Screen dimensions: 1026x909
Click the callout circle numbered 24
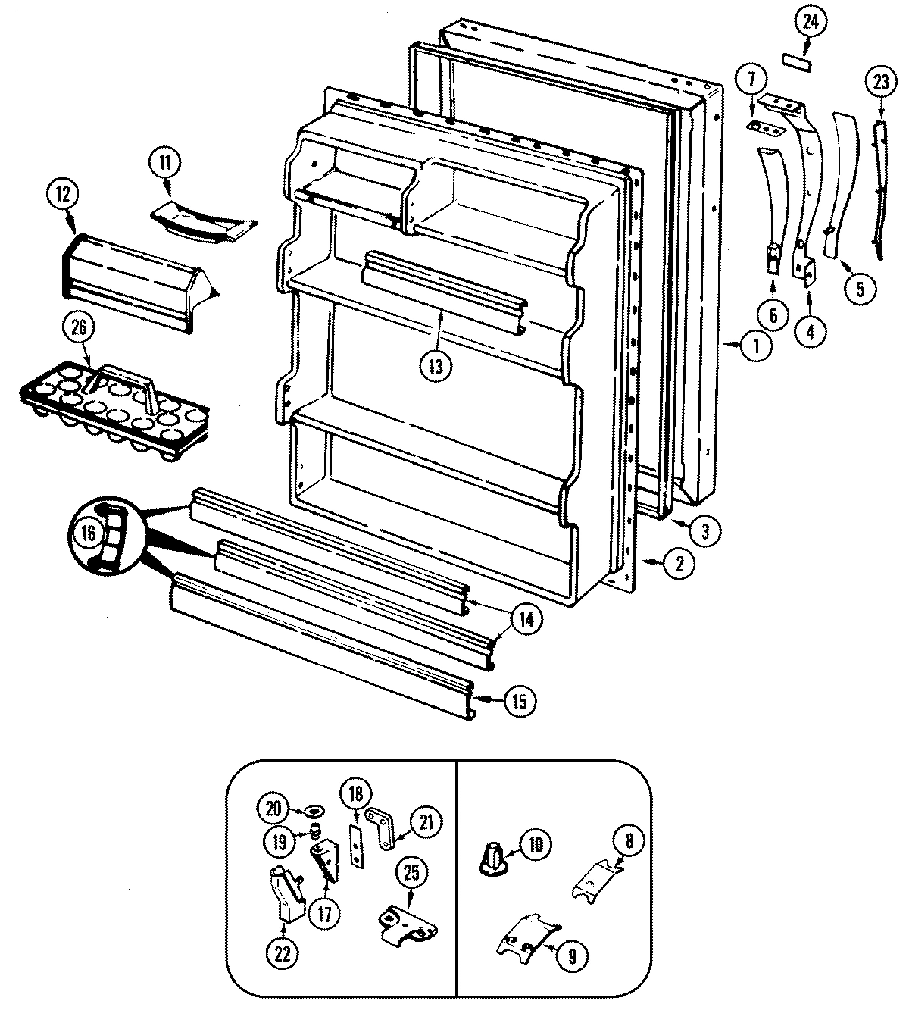point(810,22)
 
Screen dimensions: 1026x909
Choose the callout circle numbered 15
point(520,700)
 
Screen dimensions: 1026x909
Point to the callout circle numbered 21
point(426,821)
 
